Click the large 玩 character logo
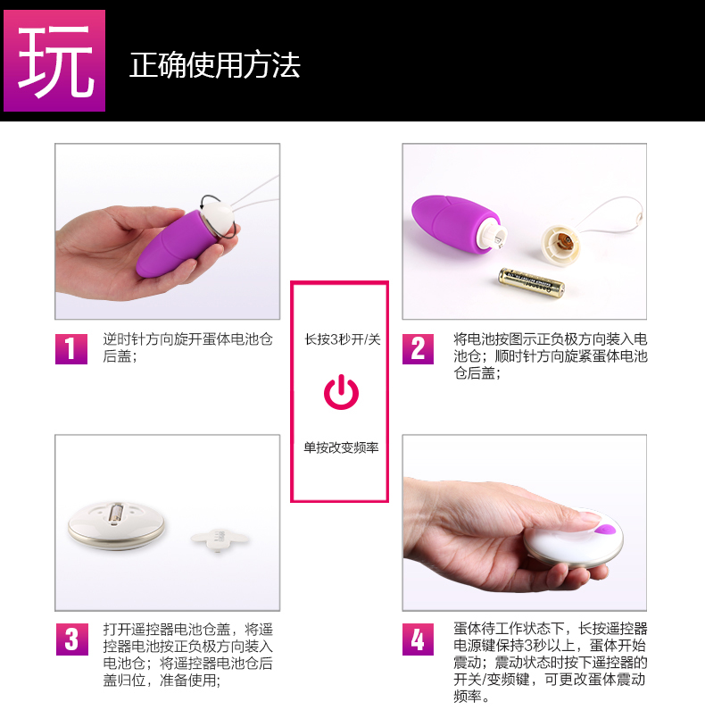(x=54, y=61)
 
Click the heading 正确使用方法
(x=215, y=65)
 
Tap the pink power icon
(x=342, y=392)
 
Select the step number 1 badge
(x=71, y=348)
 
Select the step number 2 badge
(x=418, y=348)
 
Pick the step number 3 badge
(x=71, y=639)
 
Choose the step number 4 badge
(x=418, y=639)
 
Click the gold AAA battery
(x=531, y=282)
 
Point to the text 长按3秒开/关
(x=343, y=339)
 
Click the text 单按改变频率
(x=342, y=447)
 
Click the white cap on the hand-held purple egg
(x=218, y=218)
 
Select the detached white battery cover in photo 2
(x=561, y=246)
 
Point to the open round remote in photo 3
(x=116, y=524)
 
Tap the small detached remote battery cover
(x=220, y=539)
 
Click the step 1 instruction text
(x=187, y=347)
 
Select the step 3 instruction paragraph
(x=188, y=655)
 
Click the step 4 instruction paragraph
(x=551, y=662)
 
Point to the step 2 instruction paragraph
(x=551, y=356)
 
